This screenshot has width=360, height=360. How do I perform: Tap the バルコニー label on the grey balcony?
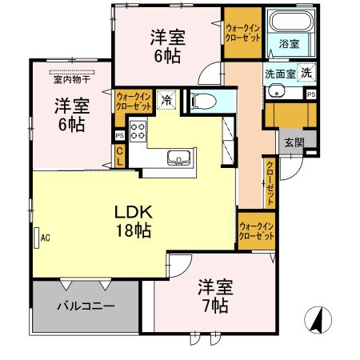[x=86, y=306]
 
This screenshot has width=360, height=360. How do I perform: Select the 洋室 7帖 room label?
[x=214, y=296]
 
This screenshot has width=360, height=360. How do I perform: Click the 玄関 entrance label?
[x=292, y=142]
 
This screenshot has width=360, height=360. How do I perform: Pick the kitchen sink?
[x=178, y=157]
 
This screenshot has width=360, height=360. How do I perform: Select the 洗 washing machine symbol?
[x=308, y=73]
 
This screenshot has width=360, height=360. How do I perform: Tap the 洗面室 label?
[x=281, y=73]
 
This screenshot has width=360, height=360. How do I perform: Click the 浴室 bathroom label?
[x=289, y=44]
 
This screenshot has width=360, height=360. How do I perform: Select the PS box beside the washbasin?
[x=310, y=94]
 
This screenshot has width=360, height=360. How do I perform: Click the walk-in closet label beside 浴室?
[x=242, y=31]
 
